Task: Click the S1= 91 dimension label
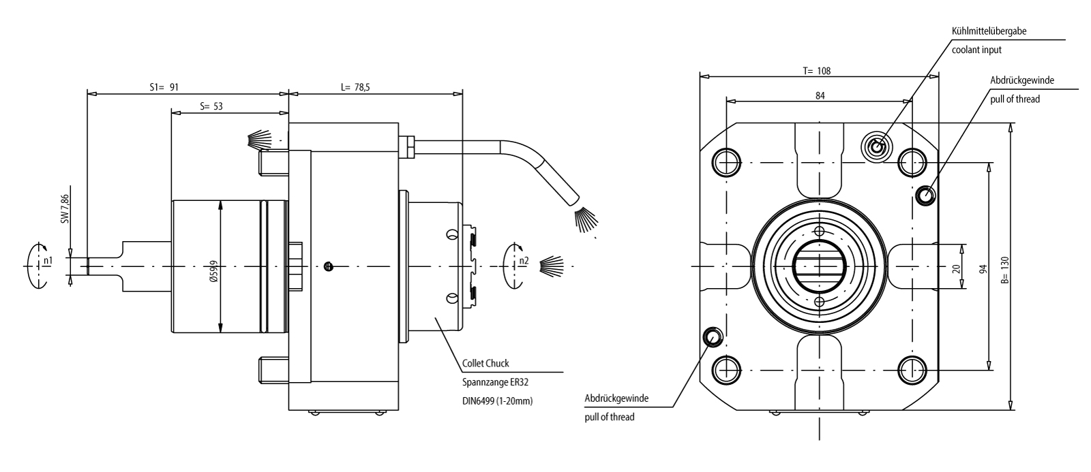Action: coord(164,87)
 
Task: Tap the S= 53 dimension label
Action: coord(211,106)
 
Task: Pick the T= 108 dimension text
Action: coord(816,70)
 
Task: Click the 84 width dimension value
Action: coord(820,96)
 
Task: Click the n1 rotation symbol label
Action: coord(47,261)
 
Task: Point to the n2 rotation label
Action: coord(523,261)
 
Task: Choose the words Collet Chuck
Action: coord(485,363)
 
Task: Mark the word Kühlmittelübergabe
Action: coord(989,31)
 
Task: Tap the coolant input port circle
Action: coord(876,146)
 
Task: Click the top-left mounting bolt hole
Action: coord(725,161)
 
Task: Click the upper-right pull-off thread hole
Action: coord(926,195)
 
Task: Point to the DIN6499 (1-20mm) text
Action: coord(497,401)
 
